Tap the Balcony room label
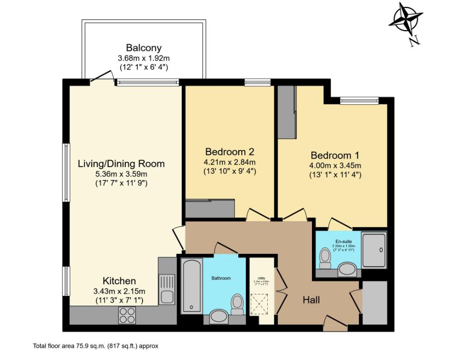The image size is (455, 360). pos(144,48)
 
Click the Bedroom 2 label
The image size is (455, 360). pos(229,151)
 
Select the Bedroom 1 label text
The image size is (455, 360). pos(335,156)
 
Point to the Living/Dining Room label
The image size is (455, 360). pos(121,164)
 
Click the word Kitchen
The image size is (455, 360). pos(119,281)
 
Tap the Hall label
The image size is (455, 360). pos(311,300)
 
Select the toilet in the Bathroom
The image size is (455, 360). pos(237,302)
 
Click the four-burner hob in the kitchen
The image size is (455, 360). pos(127,315)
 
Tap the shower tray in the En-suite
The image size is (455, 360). pos(374,249)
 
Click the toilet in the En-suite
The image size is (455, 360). pos(325,258)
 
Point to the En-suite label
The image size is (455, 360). pos(343,241)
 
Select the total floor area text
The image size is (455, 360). pos(96,346)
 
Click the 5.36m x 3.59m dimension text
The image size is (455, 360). pos(121,174)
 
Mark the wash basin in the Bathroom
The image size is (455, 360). pos(220,318)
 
